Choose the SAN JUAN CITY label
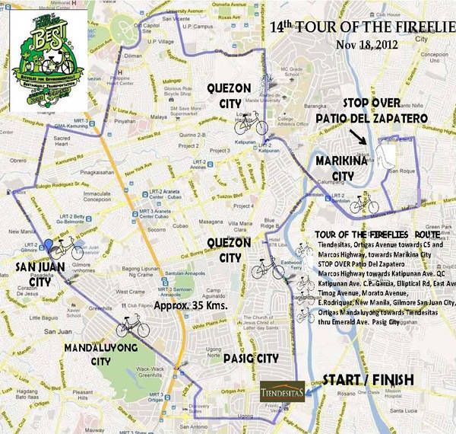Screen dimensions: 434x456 [x=33, y=273]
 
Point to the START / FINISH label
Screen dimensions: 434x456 [x=368, y=378]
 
